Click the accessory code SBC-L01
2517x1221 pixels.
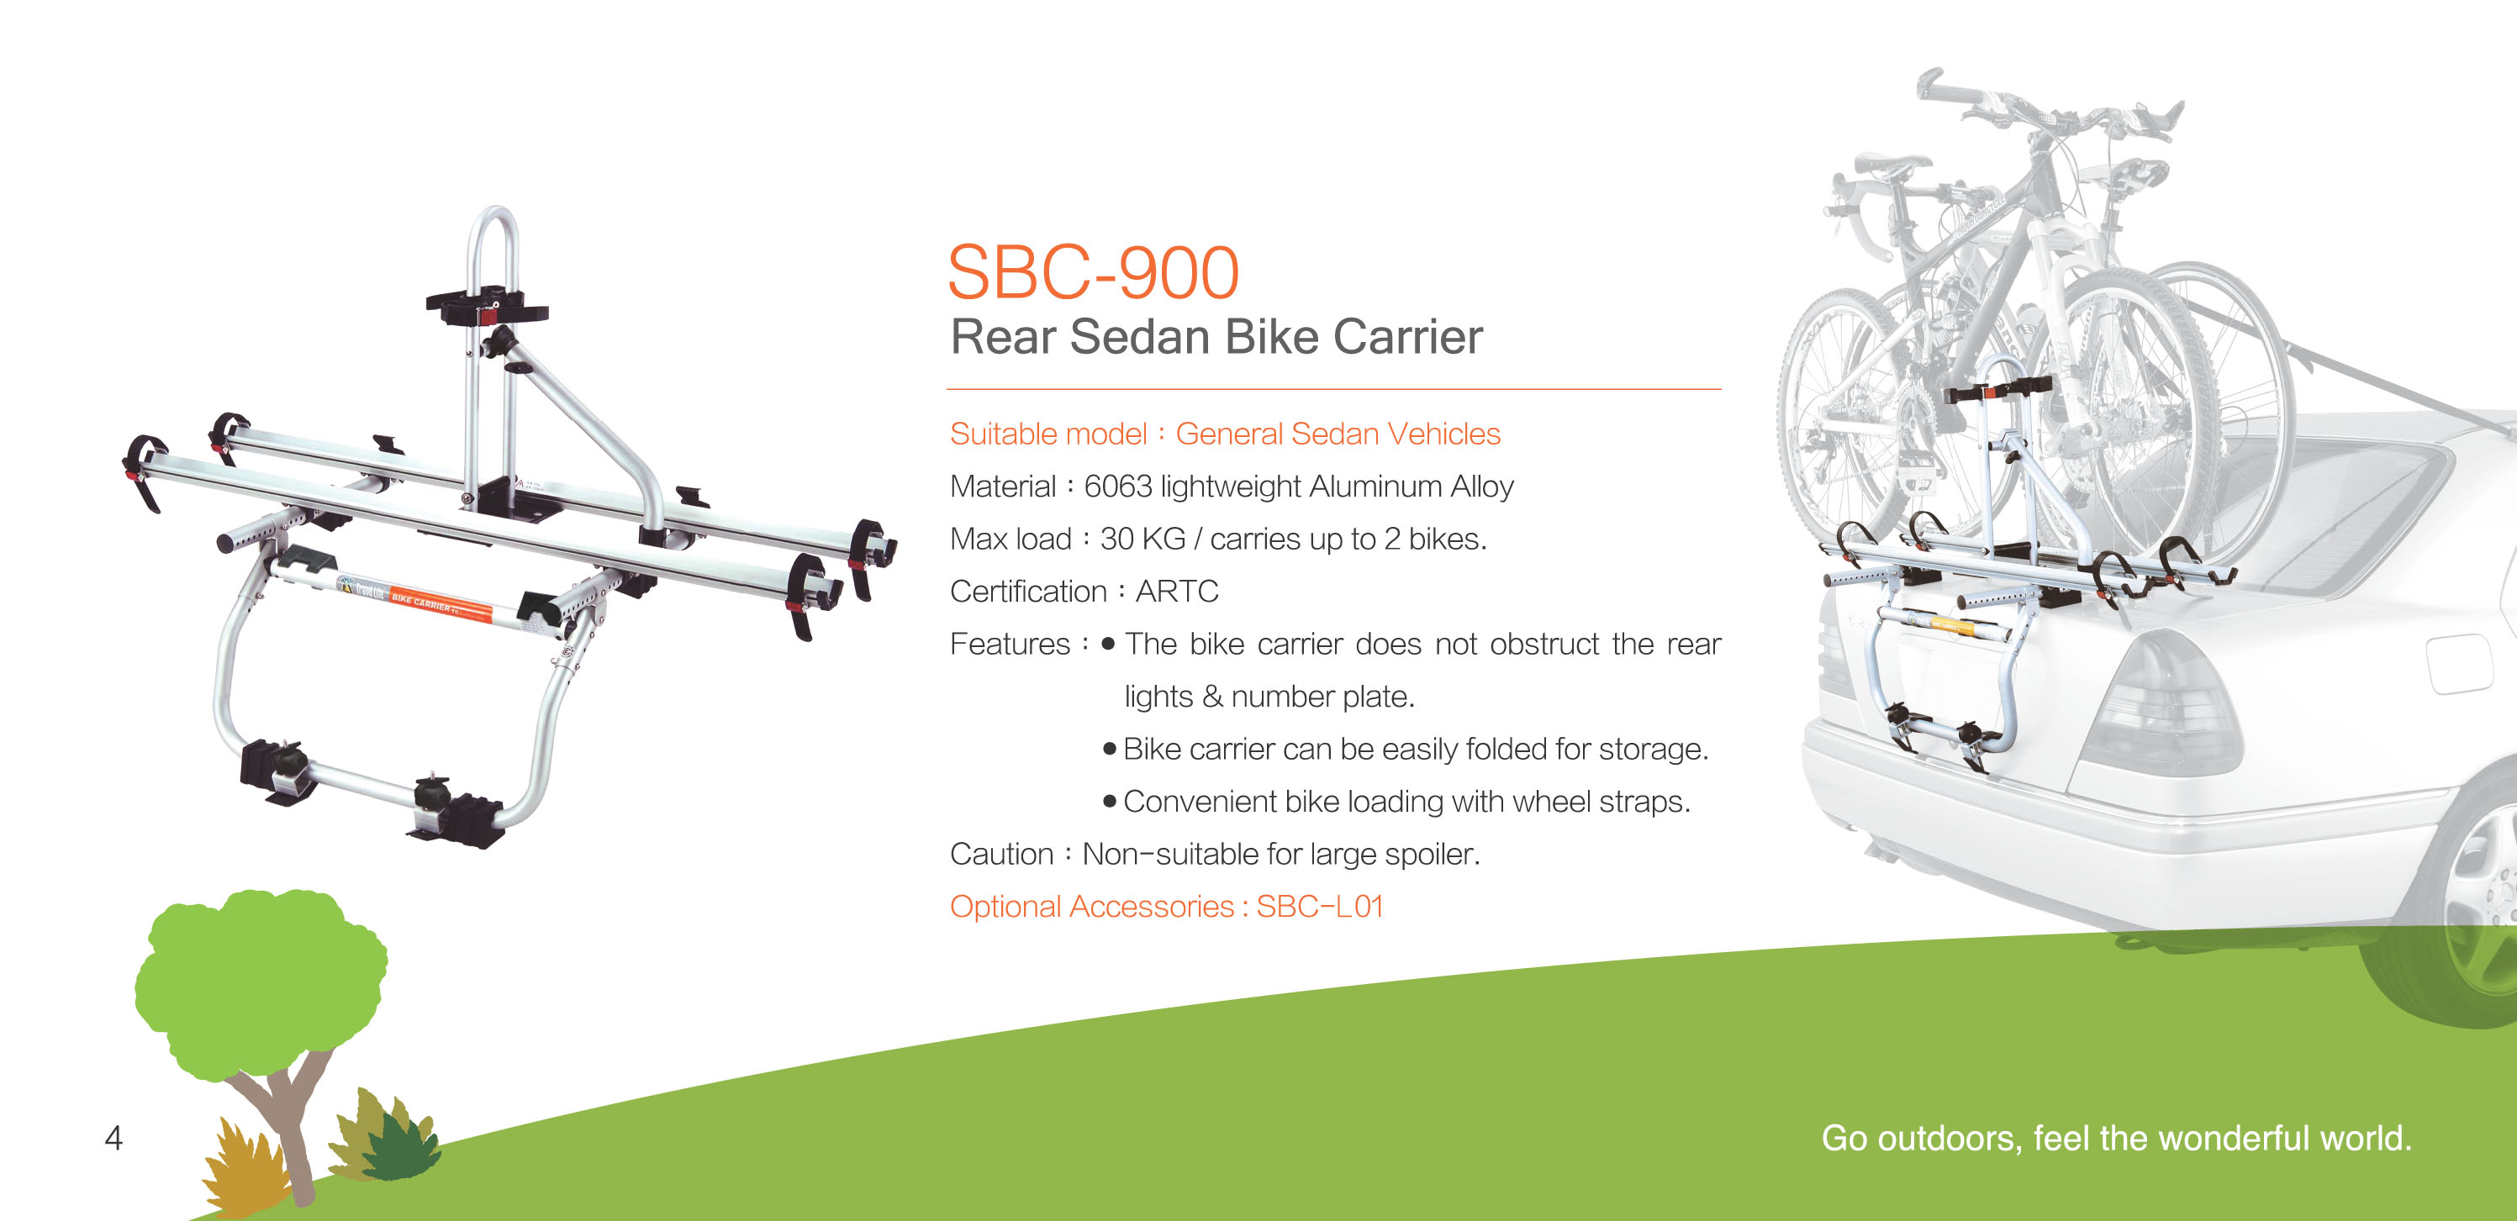click(x=1319, y=907)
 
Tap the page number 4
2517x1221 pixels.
click(x=113, y=1138)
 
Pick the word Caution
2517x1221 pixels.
click(x=1000, y=854)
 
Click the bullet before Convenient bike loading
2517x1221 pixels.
click(x=1109, y=802)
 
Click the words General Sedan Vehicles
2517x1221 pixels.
click(x=1338, y=434)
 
